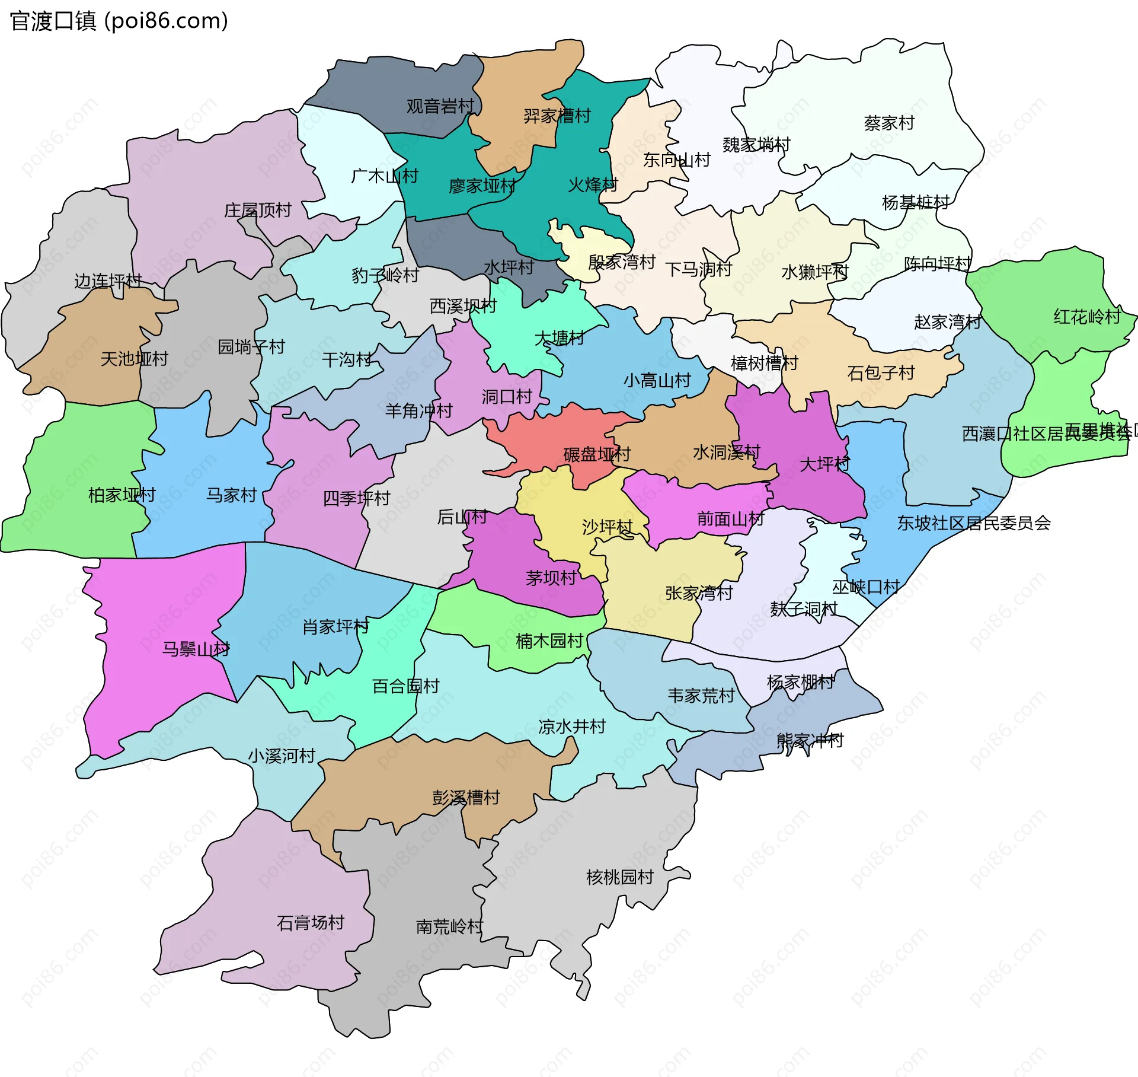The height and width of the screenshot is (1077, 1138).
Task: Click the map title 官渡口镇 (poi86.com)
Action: pos(119,21)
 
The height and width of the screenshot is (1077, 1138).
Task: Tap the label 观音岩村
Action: pos(440,106)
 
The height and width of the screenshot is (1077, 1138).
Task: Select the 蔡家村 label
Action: pos(889,123)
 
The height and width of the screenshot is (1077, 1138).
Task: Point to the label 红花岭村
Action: pos(1087,317)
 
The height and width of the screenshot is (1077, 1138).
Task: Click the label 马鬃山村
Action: pos(196,649)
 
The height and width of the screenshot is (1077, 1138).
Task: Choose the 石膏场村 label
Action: pos(311,923)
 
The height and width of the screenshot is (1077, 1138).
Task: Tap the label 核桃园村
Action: pos(620,877)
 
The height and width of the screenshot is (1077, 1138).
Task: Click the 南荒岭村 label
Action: pos(449,926)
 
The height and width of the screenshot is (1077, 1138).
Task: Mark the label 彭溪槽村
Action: pos(466,798)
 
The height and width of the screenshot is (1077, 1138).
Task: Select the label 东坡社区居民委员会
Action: pos(974,523)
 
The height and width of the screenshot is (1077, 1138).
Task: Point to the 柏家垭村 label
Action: pos(122,495)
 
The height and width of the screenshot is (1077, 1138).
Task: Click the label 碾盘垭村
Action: pos(597,455)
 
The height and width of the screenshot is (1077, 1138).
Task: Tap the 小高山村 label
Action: pos(657,380)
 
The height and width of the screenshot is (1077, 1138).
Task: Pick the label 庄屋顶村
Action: pos(258,211)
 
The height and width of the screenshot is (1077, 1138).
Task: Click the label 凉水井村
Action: pos(572,727)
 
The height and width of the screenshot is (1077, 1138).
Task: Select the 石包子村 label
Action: pos(881,373)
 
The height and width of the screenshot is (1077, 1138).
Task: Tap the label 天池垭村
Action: pos(135,359)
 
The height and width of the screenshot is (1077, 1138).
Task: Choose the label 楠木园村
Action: pos(549,641)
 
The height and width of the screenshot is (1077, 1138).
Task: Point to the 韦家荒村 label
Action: pos(701,696)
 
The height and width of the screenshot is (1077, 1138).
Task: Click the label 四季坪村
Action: pos(356,499)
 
